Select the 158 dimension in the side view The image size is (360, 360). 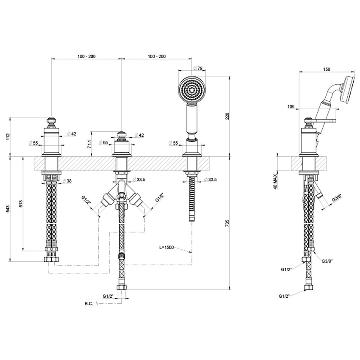tap(327, 69)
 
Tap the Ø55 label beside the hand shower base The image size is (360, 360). tap(173, 143)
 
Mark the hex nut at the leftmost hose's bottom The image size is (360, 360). tap(51, 258)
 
